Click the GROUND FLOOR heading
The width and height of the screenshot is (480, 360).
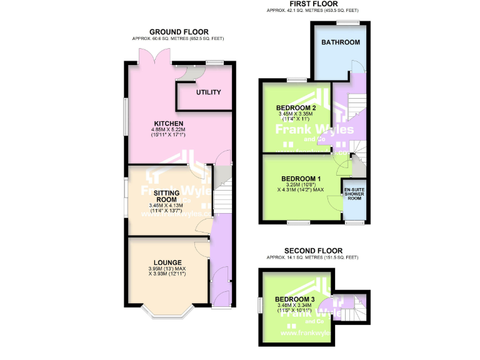tap(179, 32)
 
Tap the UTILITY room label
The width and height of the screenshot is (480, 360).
tap(209, 92)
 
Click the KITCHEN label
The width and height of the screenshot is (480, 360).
tap(169, 123)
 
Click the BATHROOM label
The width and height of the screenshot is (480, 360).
tap(341, 42)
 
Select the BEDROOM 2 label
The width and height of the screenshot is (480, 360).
tap(295, 107)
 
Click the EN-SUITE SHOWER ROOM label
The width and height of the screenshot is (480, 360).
tap(354, 192)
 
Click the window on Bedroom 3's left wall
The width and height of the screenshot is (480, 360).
tap(260, 304)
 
